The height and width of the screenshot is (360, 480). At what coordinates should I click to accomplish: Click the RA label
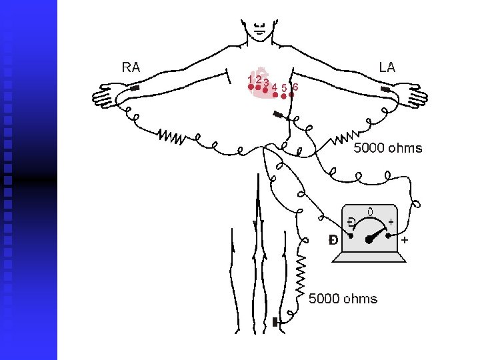[x=131, y=67]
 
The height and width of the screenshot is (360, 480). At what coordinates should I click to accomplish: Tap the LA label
[x=387, y=67]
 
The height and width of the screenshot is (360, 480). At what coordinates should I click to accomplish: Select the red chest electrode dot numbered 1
[x=251, y=87]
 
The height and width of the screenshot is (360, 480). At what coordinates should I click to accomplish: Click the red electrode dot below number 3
[x=266, y=90]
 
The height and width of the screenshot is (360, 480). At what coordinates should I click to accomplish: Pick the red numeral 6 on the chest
[x=295, y=86]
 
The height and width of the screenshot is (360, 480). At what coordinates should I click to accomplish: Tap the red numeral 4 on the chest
[x=275, y=87]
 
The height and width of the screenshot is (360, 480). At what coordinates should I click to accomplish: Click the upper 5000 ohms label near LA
[x=387, y=148]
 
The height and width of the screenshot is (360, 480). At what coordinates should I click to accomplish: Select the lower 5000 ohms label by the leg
[x=343, y=299]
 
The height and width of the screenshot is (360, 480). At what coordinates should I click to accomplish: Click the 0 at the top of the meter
[x=370, y=213]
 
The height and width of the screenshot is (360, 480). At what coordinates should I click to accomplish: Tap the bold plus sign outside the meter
[x=405, y=238]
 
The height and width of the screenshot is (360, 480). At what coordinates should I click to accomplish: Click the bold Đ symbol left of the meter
[x=333, y=239]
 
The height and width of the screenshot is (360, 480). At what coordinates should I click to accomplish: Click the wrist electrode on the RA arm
[x=135, y=89]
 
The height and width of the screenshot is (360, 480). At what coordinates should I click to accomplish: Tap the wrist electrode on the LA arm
[x=385, y=89]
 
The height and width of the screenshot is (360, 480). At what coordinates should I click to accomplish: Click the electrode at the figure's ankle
[x=275, y=323]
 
